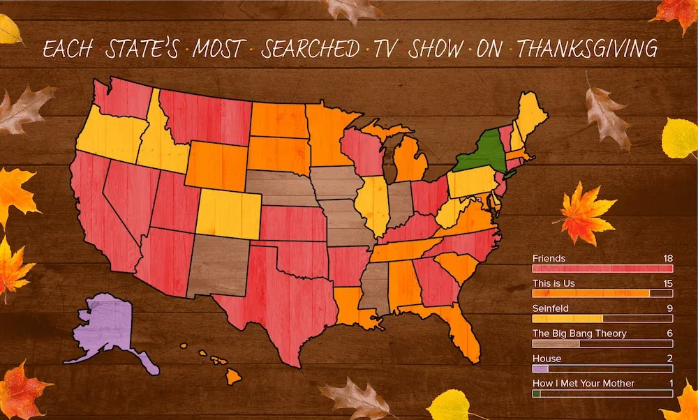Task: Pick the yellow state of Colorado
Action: [230, 213]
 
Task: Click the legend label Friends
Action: [549, 258]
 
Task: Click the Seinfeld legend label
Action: [551, 308]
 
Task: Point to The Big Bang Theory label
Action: [579, 333]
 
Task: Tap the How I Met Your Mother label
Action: [584, 383]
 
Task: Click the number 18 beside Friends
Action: [667, 258]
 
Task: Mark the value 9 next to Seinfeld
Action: [669, 308]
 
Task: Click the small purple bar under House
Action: [540, 368]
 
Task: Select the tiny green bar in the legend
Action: [536, 393]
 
